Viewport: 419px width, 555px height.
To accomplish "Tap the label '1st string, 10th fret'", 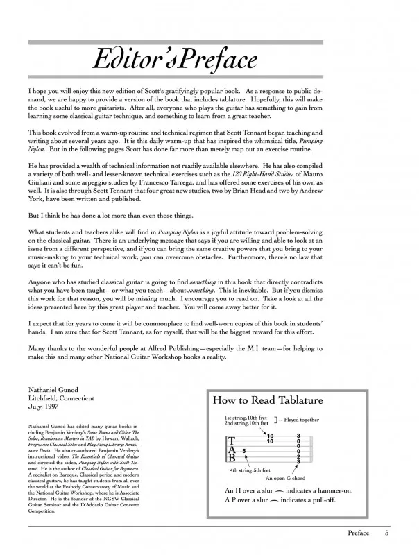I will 247,418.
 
